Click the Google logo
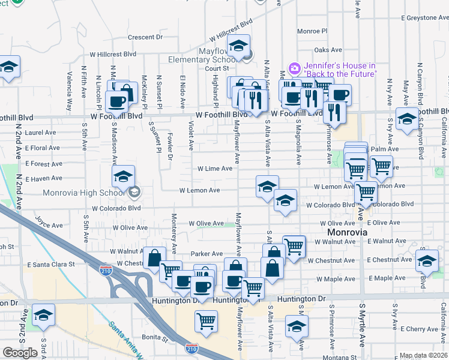coord(20,353)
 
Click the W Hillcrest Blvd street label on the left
coord(113,54)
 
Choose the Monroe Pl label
coord(312,31)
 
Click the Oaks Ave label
coord(328,50)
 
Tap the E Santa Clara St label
coord(50,264)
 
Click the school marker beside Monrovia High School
coord(123,176)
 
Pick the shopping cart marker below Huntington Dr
coord(206,321)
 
